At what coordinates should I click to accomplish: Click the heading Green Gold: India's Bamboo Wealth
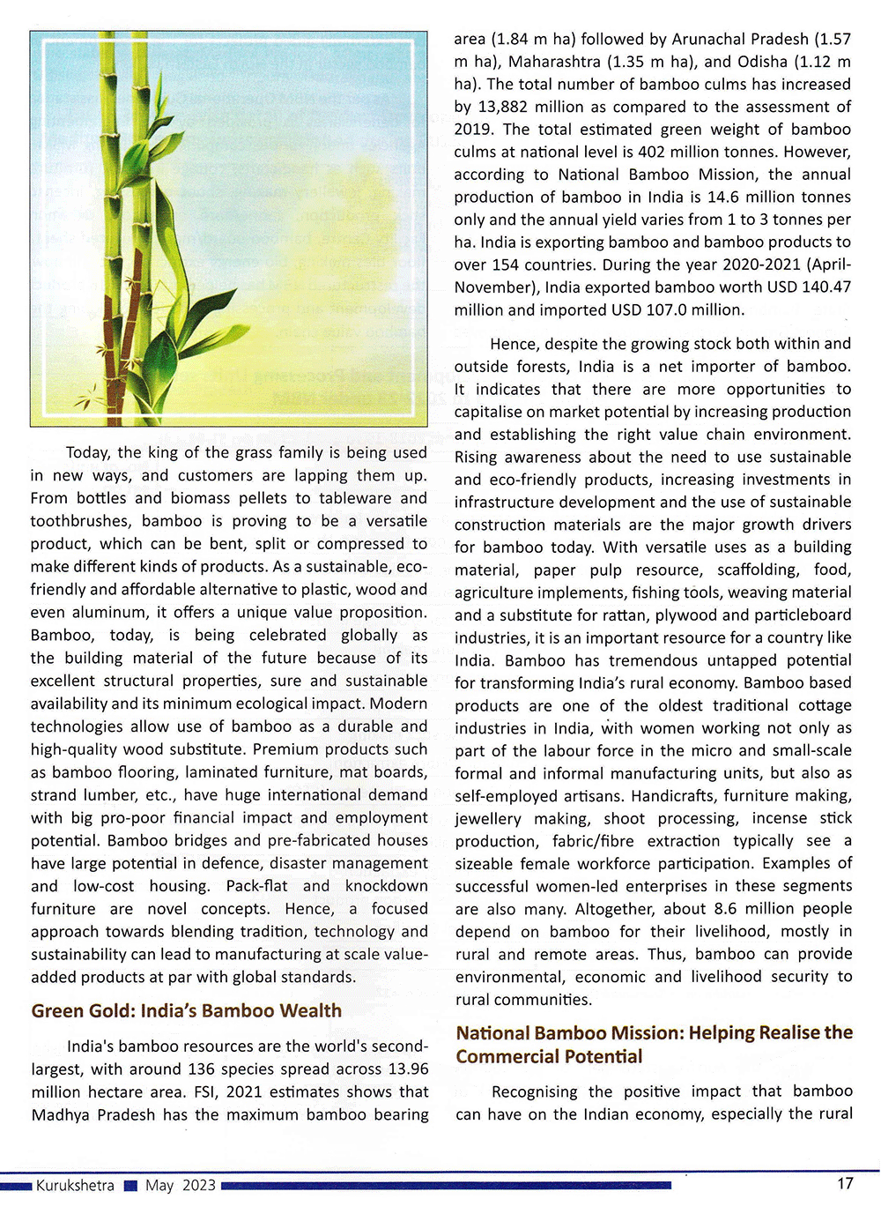coord(186,1010)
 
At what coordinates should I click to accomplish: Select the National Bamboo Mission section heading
coord(654,1045)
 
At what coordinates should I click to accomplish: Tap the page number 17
coord(845,1183)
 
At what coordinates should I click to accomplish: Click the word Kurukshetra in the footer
coord(75,1186)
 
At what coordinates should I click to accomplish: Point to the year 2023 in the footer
coord(199,1186)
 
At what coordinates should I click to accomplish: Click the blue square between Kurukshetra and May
coord(130,1187)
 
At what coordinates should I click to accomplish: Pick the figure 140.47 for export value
coord(824,287)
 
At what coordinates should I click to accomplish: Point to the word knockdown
coord(386,886)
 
